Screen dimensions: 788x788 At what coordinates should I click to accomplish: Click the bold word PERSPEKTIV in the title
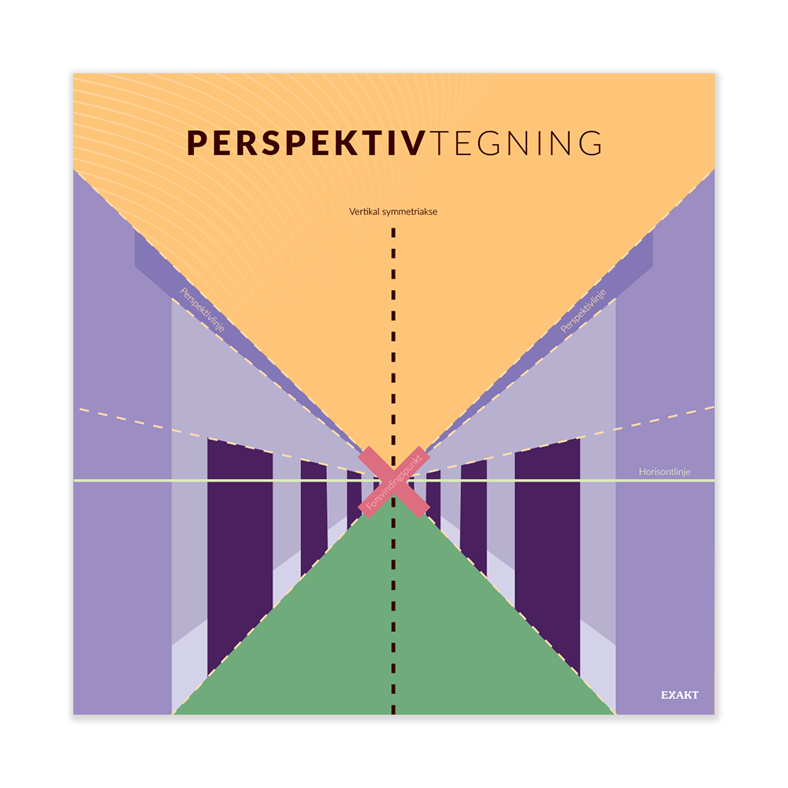pos(307,143)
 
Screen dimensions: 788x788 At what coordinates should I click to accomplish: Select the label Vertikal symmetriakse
pos(393,211)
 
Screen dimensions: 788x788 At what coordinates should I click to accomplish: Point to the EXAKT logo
pos(679,695)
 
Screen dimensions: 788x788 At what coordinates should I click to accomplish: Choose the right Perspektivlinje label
pos(584,313)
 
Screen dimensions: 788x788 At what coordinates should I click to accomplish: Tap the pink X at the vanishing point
pos(393,481)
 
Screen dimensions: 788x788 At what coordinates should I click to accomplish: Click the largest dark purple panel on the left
pos(240,552)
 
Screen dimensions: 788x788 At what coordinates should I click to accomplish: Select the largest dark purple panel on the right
pos(548,552)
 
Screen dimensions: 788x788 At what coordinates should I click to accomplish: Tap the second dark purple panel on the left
pos(314,516)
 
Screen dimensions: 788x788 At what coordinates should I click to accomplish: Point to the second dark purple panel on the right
pos(474,516)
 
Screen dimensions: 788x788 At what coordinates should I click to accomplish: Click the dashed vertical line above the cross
pos(393,331)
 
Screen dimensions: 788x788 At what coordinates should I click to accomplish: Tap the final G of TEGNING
pos(588,143)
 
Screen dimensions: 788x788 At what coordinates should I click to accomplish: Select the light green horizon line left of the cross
pos(197,480)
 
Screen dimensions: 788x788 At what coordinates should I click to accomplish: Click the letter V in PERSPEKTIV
pos(414,143)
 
